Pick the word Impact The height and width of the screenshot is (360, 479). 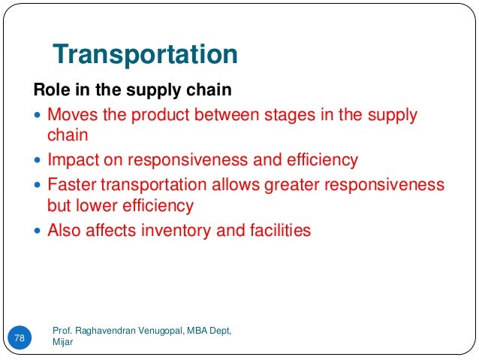click(71, 161)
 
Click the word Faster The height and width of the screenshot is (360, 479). click(71, 185)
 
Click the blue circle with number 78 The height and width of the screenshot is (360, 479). click(20, 338)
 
